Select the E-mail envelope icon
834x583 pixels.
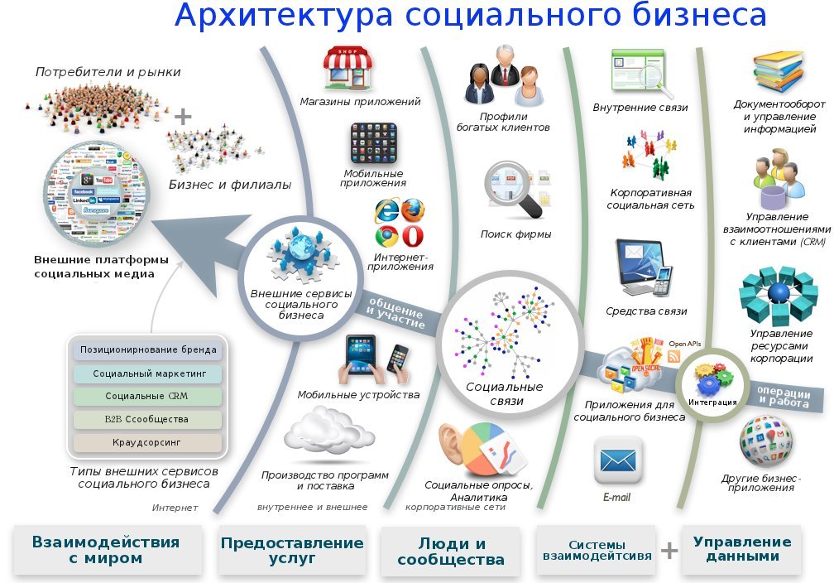618,461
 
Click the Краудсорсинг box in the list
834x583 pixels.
147,443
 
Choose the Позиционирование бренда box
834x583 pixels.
147,349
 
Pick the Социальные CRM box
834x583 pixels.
147,396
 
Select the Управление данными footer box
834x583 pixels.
741,550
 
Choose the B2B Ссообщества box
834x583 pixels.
147,419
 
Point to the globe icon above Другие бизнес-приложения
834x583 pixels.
766,441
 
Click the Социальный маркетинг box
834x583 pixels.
147,373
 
